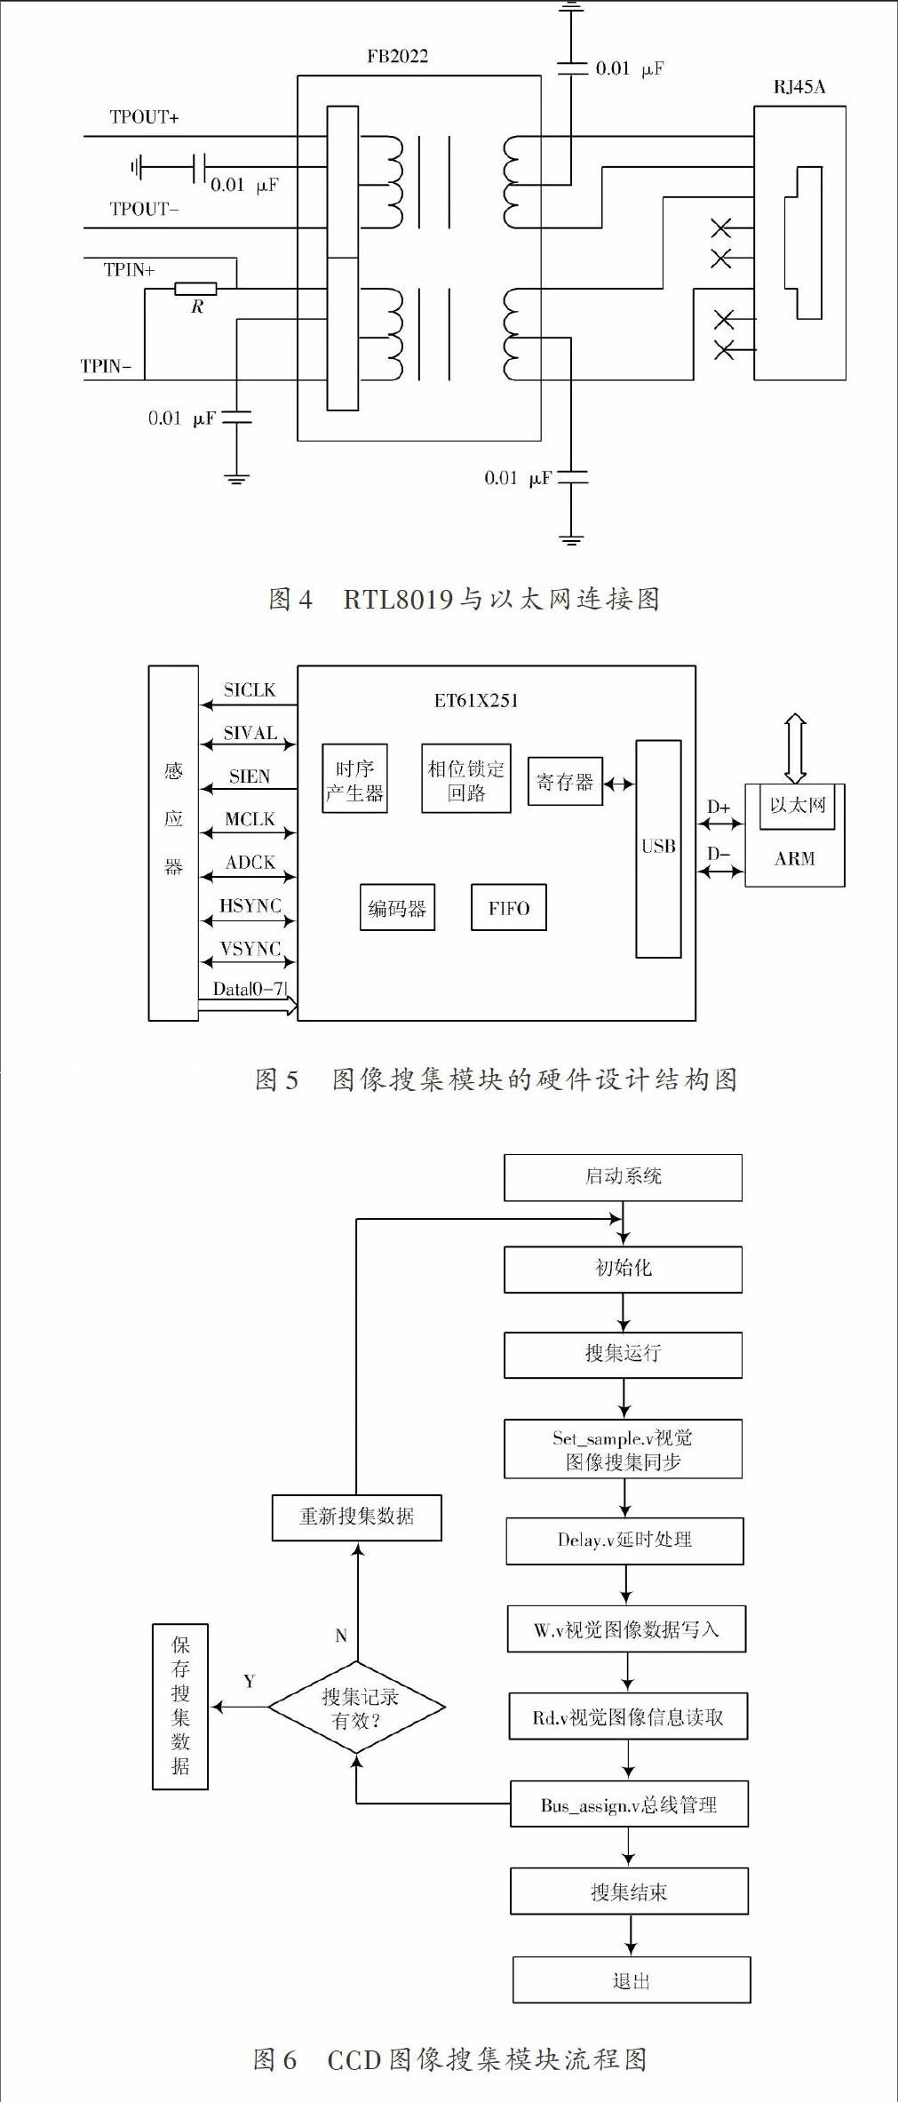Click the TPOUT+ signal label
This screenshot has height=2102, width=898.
144,117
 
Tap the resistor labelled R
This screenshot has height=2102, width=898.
195,288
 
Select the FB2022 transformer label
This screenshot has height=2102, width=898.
397,57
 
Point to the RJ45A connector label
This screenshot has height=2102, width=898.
799,87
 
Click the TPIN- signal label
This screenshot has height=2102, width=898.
106,366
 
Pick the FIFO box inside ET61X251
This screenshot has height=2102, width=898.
508,907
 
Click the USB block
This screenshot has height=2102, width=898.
658,848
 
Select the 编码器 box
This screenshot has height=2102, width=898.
397,907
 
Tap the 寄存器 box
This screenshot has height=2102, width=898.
565,782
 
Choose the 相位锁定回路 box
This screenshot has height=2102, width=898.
465,778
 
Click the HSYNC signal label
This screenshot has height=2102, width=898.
250,905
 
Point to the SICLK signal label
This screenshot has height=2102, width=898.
250,690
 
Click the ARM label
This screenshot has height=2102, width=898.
794,858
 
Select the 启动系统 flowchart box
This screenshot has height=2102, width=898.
623,1177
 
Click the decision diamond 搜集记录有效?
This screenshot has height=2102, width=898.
356,1708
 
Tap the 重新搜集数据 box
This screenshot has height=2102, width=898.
356,1517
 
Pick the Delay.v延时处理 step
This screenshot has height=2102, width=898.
624,1541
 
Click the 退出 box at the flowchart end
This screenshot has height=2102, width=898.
632,1980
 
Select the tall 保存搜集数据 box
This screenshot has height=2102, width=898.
180,1707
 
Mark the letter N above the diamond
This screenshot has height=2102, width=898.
341,1636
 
